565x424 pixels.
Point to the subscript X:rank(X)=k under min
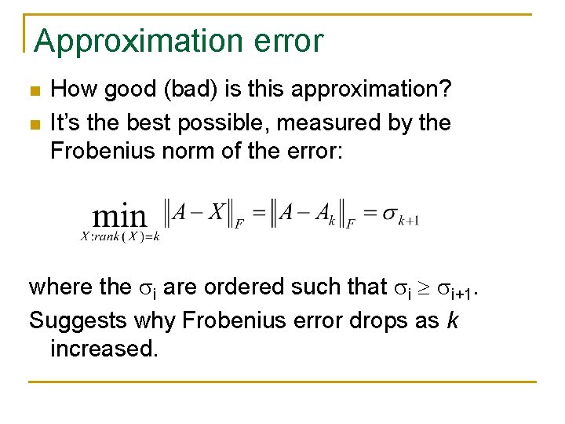pos(120,236)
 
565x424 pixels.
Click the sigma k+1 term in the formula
pos(400,216)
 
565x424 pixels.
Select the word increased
pos(103,348)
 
